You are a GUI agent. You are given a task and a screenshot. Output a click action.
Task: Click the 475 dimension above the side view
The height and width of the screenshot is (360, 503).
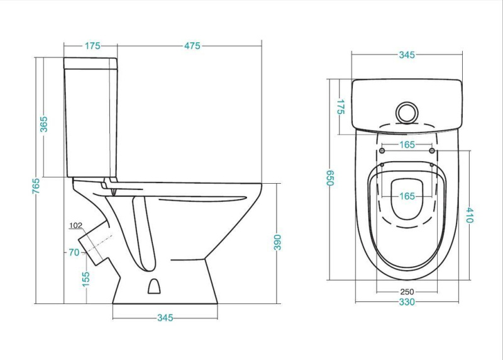192,46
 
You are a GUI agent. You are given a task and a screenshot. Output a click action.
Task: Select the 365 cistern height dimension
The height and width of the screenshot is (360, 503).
43,124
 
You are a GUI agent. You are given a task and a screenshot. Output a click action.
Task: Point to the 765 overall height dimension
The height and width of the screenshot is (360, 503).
36,186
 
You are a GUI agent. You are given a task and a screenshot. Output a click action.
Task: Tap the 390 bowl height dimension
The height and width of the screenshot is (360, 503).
277,242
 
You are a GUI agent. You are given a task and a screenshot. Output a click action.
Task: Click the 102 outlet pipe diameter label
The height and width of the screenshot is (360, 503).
75,225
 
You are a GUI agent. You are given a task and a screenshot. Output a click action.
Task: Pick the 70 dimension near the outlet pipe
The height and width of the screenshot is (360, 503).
74,253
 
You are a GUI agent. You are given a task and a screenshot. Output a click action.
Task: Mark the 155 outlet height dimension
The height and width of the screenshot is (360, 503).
86,279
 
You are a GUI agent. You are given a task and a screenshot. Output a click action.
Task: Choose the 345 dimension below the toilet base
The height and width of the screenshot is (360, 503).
165,318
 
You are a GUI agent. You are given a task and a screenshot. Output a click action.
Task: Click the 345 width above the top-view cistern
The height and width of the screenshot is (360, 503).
407,55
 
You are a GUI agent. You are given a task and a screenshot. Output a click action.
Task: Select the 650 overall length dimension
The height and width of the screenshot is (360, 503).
331,178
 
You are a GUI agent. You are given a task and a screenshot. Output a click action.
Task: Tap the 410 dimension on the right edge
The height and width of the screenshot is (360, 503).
470,215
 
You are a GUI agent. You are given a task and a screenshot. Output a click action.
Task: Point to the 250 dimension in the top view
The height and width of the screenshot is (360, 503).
407,291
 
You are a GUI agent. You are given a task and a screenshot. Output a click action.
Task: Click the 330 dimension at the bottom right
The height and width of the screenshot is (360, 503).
407,302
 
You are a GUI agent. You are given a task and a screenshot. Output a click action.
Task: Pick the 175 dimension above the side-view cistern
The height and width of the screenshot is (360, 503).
92,46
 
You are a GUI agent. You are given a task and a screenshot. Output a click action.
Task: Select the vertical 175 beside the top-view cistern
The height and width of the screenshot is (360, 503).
341,107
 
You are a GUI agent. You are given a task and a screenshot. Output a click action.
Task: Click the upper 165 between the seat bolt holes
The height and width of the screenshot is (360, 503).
407,145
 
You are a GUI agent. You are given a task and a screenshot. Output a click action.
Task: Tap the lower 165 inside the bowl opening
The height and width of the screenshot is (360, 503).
407,196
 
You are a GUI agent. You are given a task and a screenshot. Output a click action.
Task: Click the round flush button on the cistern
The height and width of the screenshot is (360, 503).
407,113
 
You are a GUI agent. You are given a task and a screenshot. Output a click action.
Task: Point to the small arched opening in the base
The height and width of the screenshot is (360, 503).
154,286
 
